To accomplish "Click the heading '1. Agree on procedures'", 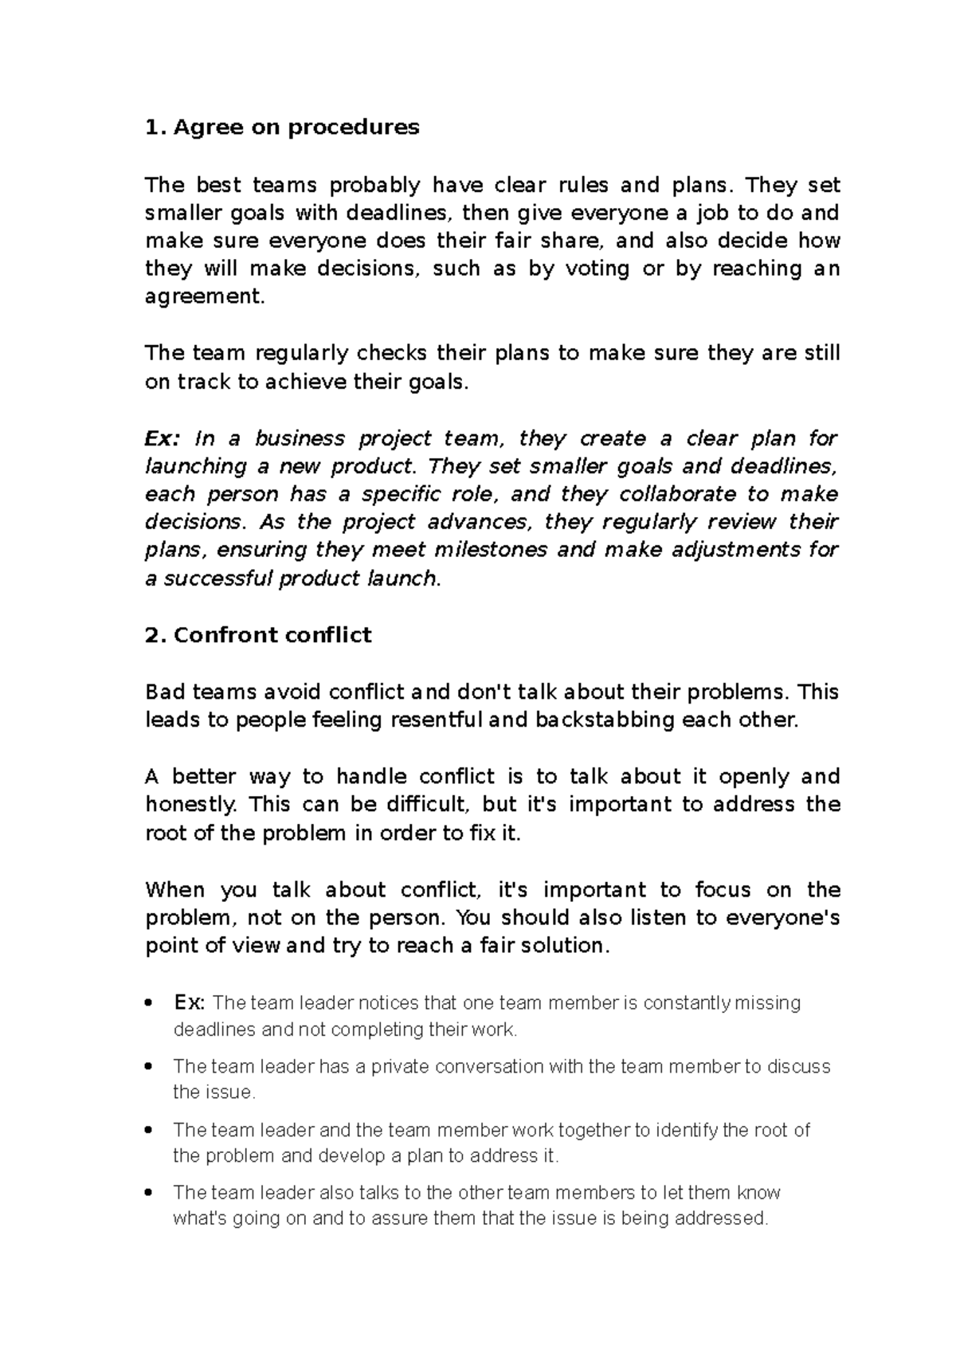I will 282,127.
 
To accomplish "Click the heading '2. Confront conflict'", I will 258,635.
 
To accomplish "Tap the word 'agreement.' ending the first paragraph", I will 204,297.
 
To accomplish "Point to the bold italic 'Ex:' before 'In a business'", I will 163,439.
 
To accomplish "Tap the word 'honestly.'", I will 191,805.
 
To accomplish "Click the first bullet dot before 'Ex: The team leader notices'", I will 149,1003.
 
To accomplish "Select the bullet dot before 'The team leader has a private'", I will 149,1067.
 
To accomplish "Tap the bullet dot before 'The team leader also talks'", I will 149,1193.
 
